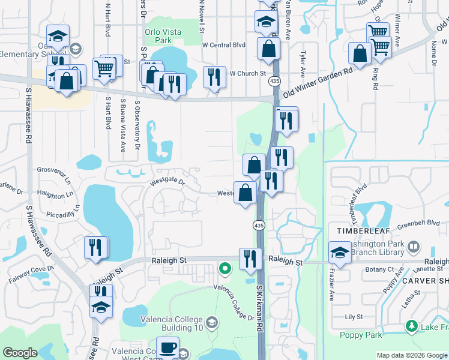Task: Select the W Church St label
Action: coord(248,73)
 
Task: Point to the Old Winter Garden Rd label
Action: coord(318,77)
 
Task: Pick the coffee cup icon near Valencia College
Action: coord(167,347)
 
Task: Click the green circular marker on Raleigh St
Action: coord(225,268)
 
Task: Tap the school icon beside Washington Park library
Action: coord(340,252)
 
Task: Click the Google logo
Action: coord(20,353)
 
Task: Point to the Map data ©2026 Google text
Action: coord(411,355)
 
